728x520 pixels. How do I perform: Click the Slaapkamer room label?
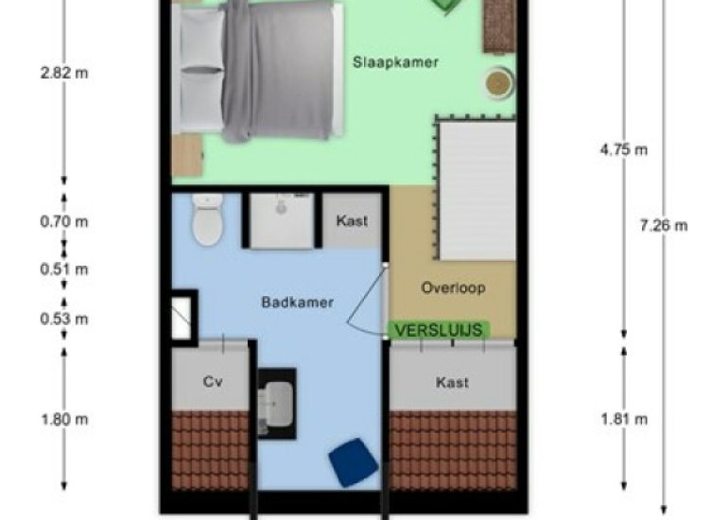(x=395, y=62)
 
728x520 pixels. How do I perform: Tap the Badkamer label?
(x=298, y=303)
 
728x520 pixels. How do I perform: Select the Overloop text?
(x=453, y=287)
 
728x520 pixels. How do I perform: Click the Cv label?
(x=213, y=382)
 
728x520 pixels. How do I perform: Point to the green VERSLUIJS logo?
(x=439, y=330)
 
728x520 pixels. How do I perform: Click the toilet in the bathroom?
(x=208, y=219)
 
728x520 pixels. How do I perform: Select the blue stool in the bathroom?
(x=354, y=462)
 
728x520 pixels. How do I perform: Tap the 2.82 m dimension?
(x=64, y=74)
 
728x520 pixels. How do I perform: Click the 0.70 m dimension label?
(x=64, y=222)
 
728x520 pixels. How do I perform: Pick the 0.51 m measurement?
(x=64, y=269)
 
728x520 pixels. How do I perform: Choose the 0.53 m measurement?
(x=64, y=319)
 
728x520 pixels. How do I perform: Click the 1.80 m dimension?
(x=64, y=420)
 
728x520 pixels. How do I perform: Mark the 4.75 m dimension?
(x=624, y=150)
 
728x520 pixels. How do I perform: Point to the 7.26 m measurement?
(x=664, y=226)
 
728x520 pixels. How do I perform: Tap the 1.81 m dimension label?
(x=624, y=420)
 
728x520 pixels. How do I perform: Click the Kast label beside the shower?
(x=352, y=221)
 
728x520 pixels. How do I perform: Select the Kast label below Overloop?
(x=452, y=383)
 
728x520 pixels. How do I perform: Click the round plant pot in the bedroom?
(x=499, y=83)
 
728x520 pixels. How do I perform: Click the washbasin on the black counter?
(x=276, y=403)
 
